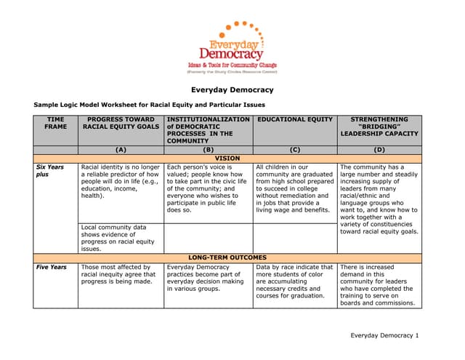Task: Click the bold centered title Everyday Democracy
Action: click(x=232, y=90)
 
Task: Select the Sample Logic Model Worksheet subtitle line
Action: click(x=149, y=105)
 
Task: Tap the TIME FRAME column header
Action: click(x=55, y=123)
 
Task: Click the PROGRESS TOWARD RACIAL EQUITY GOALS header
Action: click(x=121, y=123)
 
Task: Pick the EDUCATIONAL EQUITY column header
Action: click(x=295, y=119)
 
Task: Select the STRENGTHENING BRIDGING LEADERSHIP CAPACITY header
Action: click(x=379, y=127)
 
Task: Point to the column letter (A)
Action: click(x=121, y=149)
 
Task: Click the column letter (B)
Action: click(x=208, y=149)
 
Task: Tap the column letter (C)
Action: click(x=295, y=149)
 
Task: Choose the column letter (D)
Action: click(x=379, y=149)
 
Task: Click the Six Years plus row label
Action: click(x=50, y=171)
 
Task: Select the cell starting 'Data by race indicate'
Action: click(x=294, y=281)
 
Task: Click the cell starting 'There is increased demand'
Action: click(x=379, y=286)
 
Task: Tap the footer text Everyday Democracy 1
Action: click(x=384, y=335)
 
